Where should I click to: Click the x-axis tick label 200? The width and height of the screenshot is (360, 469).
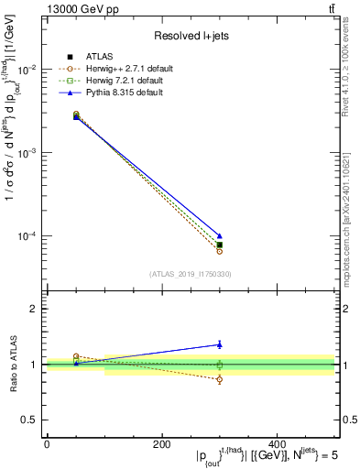pos(161,444)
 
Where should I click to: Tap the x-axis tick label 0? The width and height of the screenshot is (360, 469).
pos(47,444)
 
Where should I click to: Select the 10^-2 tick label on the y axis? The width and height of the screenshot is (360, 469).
pos(26,70)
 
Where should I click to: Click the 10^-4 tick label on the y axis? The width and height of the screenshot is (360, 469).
pos(26,236)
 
